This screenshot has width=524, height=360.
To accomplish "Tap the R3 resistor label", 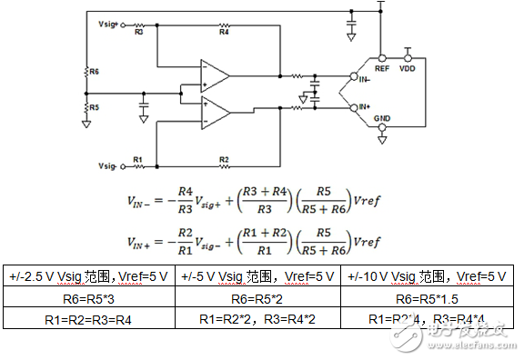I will click(x=138, y=33).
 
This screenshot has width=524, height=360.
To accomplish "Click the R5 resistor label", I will click(x=94, y=107).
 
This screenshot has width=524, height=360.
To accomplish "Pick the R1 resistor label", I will click(x=137, y=159).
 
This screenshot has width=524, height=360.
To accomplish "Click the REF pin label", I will click(x=382, y=67).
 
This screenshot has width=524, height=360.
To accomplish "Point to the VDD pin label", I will click(x=407, y=67).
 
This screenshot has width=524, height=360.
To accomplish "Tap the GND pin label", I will click(x=382, y=118).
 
